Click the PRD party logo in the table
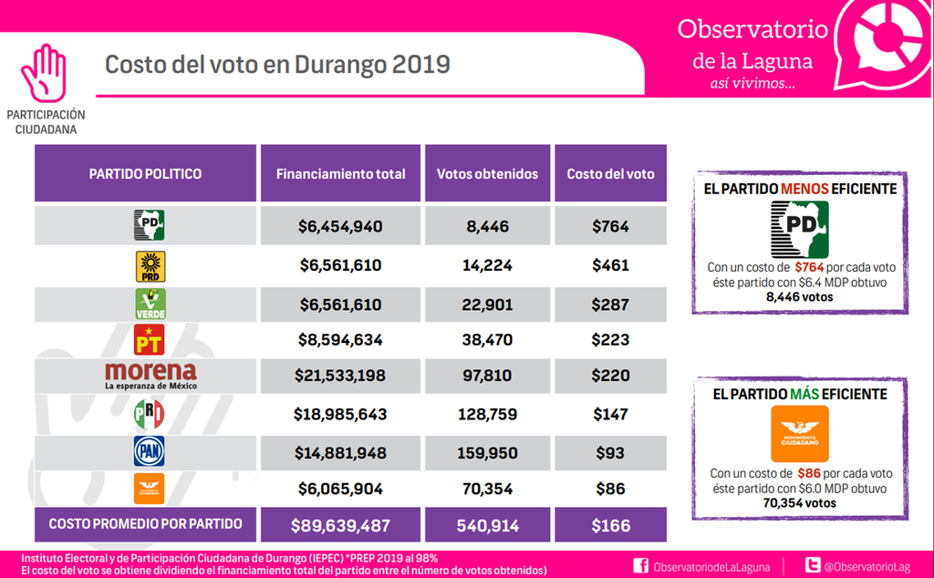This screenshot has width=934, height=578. click(150, 266)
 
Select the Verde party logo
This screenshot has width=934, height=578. click(150, 304)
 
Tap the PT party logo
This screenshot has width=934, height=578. click(150, 340)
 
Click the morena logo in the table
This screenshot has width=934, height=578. click(150, 375)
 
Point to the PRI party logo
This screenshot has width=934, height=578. click(150, 415)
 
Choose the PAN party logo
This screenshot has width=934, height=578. click(150, 452)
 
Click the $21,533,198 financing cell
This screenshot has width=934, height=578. click(340, 375)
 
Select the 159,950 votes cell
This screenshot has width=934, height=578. click(488, 452)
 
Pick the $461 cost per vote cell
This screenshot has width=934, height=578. click(610, 266)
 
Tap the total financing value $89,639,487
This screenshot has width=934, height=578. click(340, 526)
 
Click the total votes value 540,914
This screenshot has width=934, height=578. click(488, 526)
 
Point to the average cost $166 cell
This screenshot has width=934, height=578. click(610, 526)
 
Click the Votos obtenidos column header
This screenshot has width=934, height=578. click(488, 174)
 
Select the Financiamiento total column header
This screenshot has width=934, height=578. click(340, 174)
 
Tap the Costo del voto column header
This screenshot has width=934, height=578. click(610, 174)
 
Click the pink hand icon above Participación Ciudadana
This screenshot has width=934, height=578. click(45, 73)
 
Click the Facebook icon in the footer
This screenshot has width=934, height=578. click(640, 566)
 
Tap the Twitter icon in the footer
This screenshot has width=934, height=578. click(811, 566)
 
